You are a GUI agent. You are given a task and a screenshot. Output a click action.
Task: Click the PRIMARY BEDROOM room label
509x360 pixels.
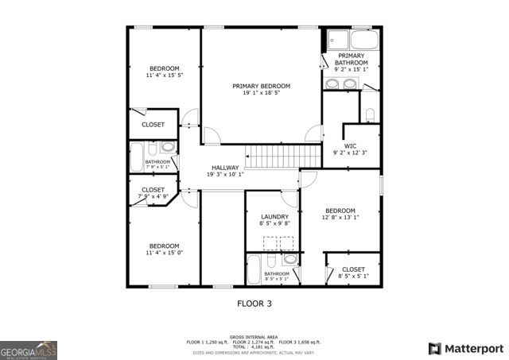[261, 86]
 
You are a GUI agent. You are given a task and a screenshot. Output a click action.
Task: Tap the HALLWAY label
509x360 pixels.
[225, 168]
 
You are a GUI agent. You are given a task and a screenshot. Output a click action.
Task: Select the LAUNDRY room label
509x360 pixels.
[275, 217]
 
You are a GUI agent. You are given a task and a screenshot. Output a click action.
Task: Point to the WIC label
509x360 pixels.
[350, 145]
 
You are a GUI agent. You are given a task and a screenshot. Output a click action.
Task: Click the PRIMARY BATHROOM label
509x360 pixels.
[351, 59]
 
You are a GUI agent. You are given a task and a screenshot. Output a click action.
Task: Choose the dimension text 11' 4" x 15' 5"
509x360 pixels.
[164, 75]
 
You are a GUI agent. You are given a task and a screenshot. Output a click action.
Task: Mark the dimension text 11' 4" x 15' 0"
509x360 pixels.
[164, 253]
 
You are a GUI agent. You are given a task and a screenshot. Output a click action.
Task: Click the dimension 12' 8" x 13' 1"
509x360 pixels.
[340, 217]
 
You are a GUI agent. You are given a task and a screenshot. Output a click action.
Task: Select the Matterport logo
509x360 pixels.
[466, 348]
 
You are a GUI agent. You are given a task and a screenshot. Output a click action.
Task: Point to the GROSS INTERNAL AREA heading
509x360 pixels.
[254, 337]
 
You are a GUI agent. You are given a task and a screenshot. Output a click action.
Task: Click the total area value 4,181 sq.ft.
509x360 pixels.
[262, 346]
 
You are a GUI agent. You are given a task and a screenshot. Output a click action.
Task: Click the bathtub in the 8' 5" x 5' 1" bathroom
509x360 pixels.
[256, 269]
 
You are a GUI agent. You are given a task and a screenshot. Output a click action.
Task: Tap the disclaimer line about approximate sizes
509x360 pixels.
[254, 351]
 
